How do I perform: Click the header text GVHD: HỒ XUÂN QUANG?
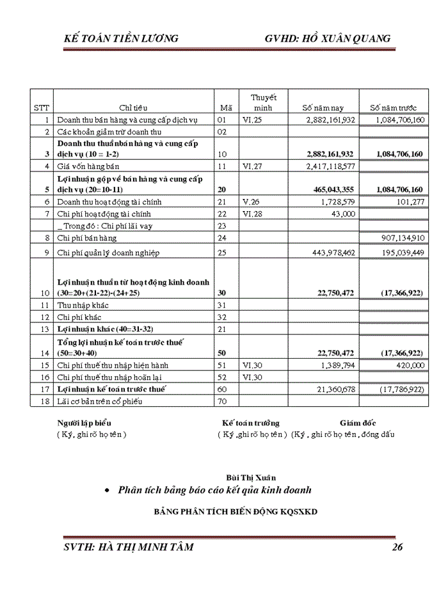(x=327, y=39)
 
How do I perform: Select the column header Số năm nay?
(x=323, y=107)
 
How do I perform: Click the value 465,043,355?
(x=333, y=189)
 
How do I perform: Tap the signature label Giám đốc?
(x=358, y=423)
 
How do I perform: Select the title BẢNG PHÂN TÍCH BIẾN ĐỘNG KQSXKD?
(x=236, y=512)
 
